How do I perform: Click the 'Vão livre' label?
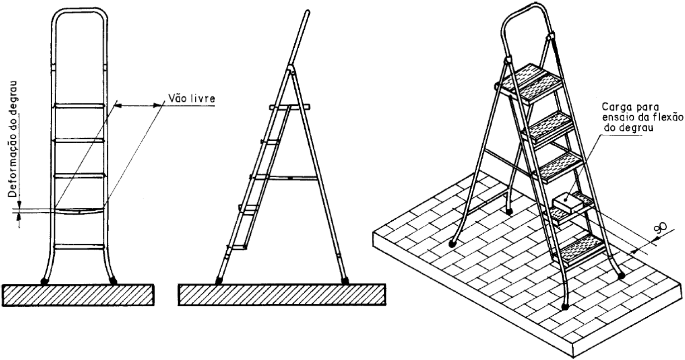[x=192, y=98]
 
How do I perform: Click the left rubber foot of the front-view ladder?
[x=45, y=281]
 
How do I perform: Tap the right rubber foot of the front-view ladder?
[x=113, y=280]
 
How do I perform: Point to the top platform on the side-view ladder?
[x=290, y=107]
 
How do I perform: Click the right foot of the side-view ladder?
[x=345, y=281]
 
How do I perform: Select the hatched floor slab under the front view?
[x=78, y=295]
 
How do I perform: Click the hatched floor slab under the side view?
[x=282, y=295]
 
